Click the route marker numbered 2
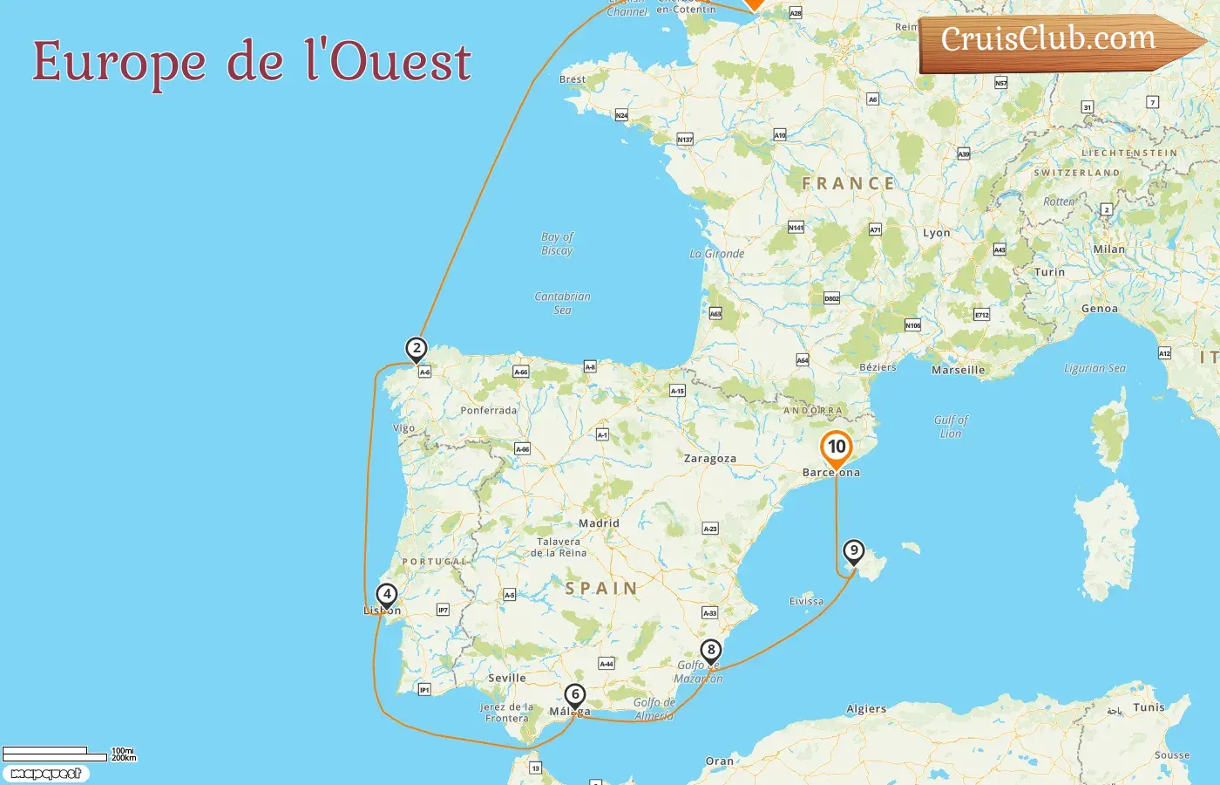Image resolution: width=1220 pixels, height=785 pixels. coord(417,349)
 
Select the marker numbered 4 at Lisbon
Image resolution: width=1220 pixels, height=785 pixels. coord(386,595)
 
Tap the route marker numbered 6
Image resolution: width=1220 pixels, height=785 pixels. coord(574,695)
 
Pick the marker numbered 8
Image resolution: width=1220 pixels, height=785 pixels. coord(711,650)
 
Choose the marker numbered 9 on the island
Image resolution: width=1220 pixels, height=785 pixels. coord(854,551)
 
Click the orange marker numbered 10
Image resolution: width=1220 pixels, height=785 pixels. coord(837,447)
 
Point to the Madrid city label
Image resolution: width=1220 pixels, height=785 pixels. coord(599,523)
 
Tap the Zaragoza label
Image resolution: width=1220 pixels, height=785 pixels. coord(709,459)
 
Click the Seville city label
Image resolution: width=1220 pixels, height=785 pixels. coord(506,678)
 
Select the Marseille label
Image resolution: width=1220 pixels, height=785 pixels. coord(958,370)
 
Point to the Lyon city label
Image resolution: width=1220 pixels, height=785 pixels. coord(936,233)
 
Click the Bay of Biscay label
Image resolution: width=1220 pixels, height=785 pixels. coord(557,243)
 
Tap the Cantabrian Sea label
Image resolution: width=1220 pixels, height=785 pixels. coord(562,303)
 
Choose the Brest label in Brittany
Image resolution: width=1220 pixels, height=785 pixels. coord(573,79)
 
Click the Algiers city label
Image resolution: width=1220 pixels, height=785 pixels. coord(865,709)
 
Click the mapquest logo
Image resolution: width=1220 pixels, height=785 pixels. coord(45,774)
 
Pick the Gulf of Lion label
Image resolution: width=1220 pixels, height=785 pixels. coord(951,427)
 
